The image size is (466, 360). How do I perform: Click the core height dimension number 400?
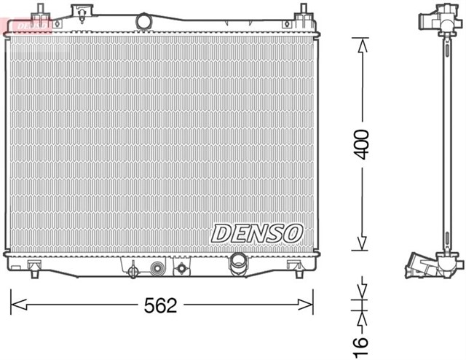362,144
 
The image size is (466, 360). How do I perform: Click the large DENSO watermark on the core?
256,232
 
